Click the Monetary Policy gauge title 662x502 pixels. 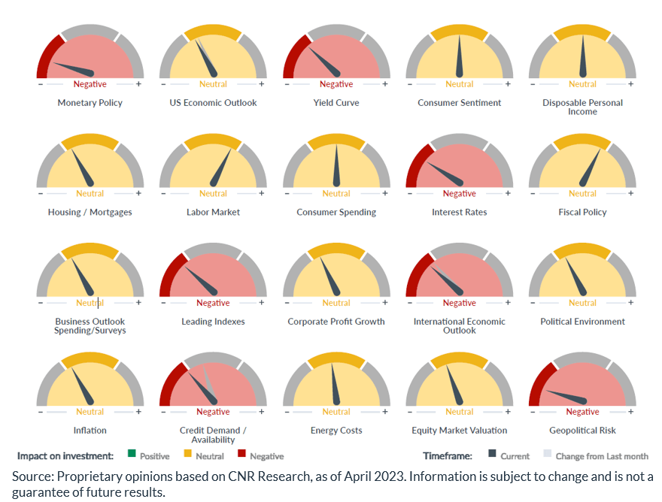[x=90, y=103]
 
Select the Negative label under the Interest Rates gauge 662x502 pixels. [x=459, y=194]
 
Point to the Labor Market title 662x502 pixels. [x=213, y=212]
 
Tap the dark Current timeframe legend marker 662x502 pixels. [x=493, y=454]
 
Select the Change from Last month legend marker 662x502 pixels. [x=548, y=454]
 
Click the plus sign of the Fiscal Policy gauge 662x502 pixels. [x=631, y=193]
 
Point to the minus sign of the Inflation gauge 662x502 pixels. [x=40, y=411]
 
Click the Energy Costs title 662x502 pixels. [x=336, y=431]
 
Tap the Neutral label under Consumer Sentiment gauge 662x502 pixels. [x=459, y=84]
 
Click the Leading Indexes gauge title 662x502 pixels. [x=213, y=322]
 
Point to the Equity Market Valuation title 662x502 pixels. [x=459, y=431]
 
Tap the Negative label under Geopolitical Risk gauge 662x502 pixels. [x=582, y=412]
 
